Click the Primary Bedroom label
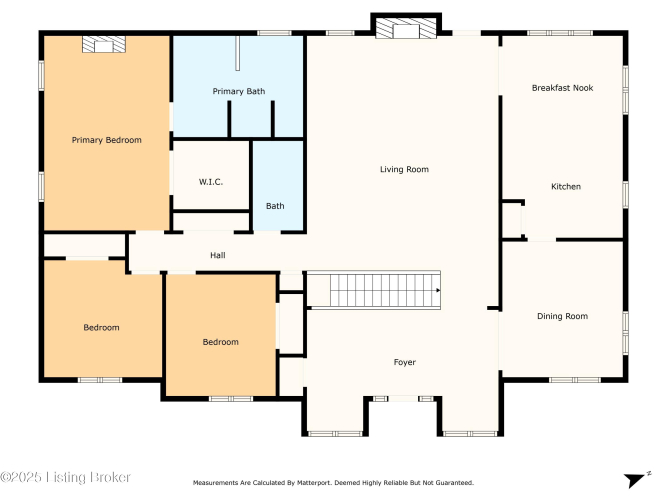(106, 140)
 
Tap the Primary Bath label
(239, 91)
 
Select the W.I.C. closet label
(211, 182)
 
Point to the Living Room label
(404, 169)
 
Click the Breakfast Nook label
(562, 88)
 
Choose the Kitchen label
(566, 186)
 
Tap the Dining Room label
(562, 316)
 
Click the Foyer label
(405, 362)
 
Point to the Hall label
(217, 255)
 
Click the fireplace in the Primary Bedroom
(104, 44)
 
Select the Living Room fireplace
(406, 28)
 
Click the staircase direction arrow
(438, 290)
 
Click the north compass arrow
(635, 480)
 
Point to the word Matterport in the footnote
(313, 483)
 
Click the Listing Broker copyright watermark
(65, 477)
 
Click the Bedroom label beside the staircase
(220, 342)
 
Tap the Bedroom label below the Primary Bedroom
(101, 328)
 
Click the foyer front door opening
(403, 399)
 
